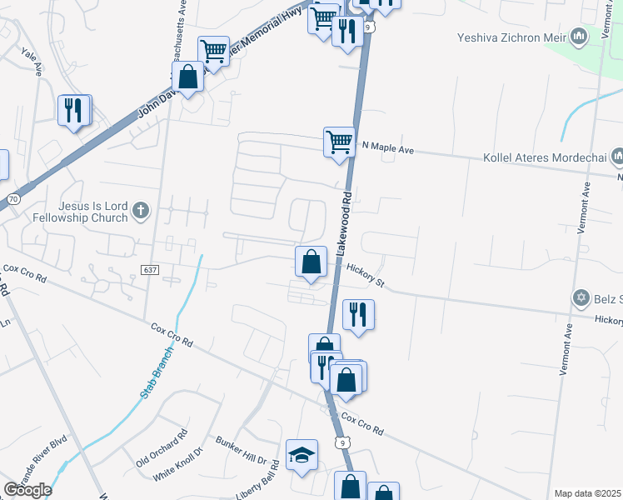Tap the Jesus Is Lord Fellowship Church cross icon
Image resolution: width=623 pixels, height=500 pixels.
pyautogui.click(x=141, y=211)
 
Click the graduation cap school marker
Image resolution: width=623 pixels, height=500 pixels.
pyautogui.click(x=302, y=455)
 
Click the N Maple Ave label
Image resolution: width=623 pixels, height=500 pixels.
pyautogui.click(x=387, y=147)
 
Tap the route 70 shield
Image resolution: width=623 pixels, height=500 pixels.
pyautogui.click(x=12, y=200)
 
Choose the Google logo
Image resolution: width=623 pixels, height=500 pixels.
pyautogui.click(x=27, y=490)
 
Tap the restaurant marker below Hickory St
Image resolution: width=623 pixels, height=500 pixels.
pyautogui.click(x=358, y=314)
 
